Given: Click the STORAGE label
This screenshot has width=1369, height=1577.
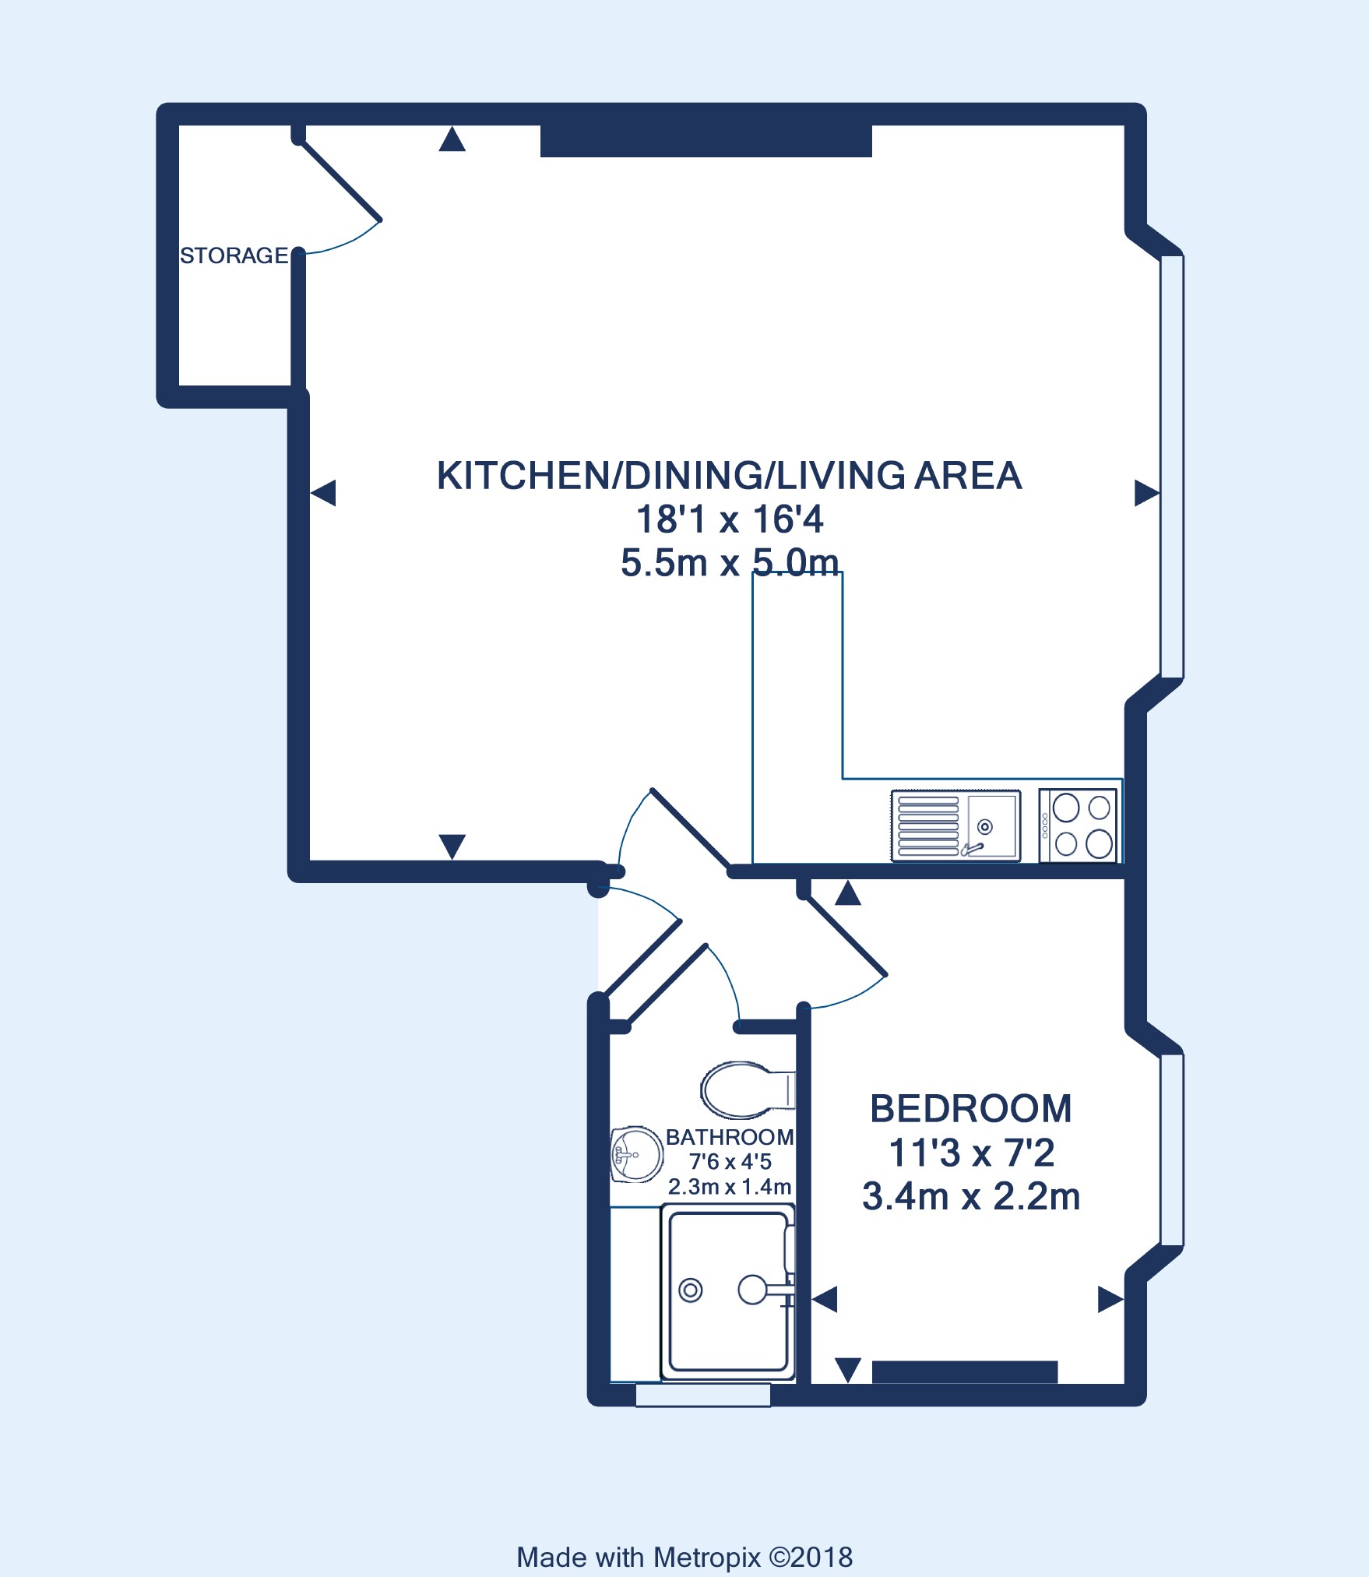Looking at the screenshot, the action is (x=234, y=255).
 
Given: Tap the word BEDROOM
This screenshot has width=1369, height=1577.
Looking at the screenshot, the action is (x=971, y=1109).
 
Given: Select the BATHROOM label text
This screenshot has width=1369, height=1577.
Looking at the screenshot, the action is (x=730, y=1137).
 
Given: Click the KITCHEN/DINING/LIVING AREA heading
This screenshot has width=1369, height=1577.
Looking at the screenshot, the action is (x=729, y=476).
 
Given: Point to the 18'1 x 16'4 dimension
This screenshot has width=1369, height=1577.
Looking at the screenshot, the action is (x=730, y=519).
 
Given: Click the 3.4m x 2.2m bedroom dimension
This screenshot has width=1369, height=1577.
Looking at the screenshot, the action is (x=971, y=1197).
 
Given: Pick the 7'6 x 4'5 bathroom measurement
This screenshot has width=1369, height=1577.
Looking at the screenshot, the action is (x=730, y=1162).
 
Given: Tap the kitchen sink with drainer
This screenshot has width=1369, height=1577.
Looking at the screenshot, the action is (x=955, y=825).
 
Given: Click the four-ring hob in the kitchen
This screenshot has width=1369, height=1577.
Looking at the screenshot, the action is (x=1078, y=825).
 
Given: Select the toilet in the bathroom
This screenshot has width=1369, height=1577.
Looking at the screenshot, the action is (x=748, y=1089).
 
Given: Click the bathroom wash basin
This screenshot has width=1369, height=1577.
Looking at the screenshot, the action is (x=636, y=1154).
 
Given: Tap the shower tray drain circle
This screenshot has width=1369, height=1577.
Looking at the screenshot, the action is (x=691, y=1290).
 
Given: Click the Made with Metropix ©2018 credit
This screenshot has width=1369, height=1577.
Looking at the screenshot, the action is (x=684, y=1557).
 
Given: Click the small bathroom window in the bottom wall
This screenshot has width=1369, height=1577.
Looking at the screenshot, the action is (x=703, y=1395).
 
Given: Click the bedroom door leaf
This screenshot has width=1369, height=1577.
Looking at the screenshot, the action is (x=845, y=935).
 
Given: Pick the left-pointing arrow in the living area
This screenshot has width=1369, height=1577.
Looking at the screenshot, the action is (x=323, y=493).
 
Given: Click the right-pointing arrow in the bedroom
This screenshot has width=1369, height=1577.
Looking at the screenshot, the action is (x=1111, y=1300).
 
